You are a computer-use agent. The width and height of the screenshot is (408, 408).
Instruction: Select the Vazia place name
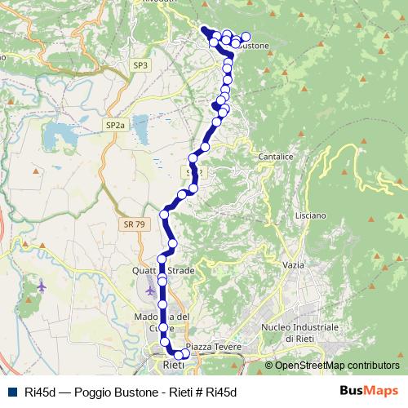[x=292, y=265]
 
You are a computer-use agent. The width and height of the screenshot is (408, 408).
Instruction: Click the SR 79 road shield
[x=135, y=224]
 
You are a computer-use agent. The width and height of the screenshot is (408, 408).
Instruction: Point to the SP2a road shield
[x=115, y=125]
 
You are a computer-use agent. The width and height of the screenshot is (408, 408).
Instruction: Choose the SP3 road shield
[x=140, y=64]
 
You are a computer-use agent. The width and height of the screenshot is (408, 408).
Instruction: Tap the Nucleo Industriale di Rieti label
[x=299, y=331]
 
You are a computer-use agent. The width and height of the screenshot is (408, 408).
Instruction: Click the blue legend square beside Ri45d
[x=11, y=391]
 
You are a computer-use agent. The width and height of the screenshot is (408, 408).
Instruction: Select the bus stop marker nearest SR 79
[x=165, y=215]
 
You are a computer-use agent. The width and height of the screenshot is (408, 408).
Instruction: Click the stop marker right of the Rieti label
[x=185, y=354]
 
